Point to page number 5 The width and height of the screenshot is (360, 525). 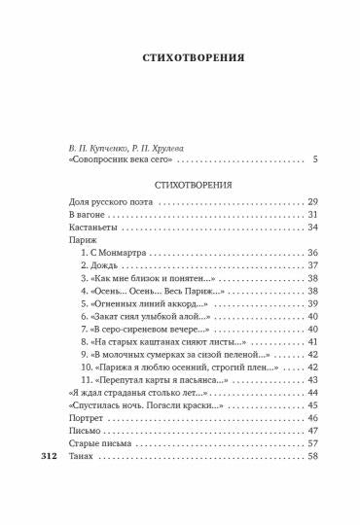[x=315, y=160]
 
